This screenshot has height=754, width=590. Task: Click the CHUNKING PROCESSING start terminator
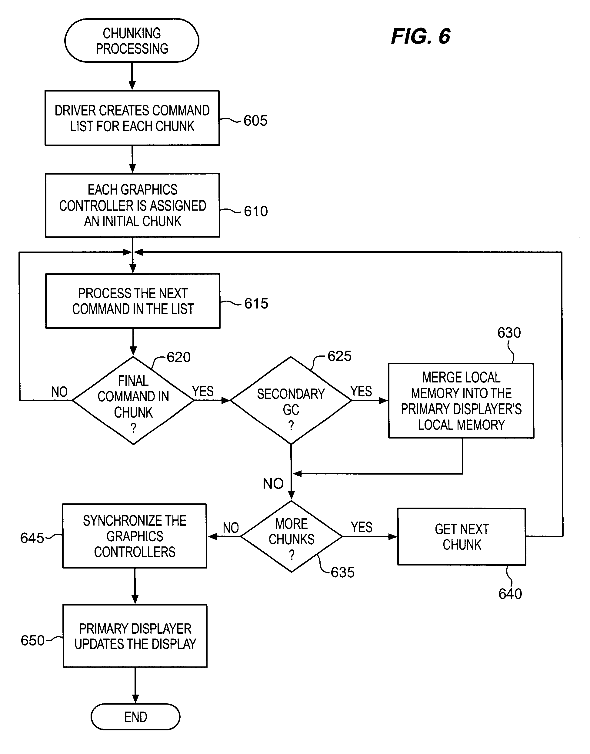[x=132, y=41]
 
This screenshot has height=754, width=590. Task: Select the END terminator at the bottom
[x=135, y=717]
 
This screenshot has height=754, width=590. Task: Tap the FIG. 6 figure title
[x=420, y=36]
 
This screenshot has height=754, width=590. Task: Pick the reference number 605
[x=255, y=121]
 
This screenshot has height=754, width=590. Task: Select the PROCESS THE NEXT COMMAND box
[x=133, y=301]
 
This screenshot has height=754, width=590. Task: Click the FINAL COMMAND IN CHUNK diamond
[x=133, y=401]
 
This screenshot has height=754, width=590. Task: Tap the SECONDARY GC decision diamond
[x=291, y=401]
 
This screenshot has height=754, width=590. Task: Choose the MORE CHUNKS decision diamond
[x=292, y=536]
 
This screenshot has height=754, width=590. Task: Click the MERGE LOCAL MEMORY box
[x=461, y=401]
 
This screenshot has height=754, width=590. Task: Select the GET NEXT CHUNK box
[x=462, y=537]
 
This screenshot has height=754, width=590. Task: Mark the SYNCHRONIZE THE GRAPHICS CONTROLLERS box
[x=135, y=536]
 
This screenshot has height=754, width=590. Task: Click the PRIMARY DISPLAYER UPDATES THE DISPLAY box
[x=135, y=636]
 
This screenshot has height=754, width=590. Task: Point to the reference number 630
[x=509, y=333]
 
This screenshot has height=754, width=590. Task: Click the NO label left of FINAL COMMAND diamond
[x=59, y=392]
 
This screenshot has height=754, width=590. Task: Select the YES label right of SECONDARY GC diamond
[x=361, y=391]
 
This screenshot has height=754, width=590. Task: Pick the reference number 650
[x=32, y=641]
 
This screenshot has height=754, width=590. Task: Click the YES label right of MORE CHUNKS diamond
[x=361, y=527]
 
